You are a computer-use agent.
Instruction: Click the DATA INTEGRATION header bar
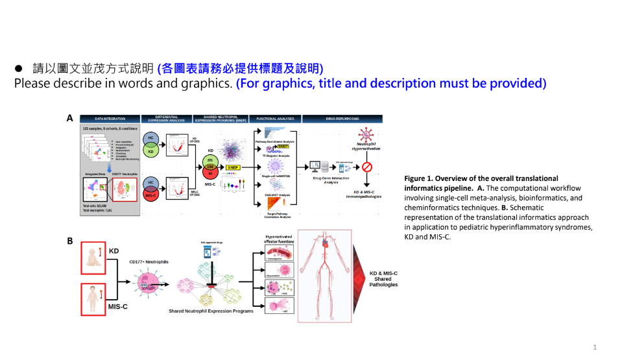coord(109,119)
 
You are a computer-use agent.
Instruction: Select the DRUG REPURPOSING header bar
coord(341,119)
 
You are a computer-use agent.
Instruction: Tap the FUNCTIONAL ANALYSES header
coord(276,119)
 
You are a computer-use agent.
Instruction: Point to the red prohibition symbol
coord(366,166)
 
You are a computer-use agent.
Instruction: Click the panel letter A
coord(69,119)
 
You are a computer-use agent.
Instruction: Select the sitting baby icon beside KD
coord(92,258)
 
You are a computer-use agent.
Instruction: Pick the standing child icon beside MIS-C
coord(92,298)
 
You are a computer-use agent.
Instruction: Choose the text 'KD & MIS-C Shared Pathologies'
coord(383,279)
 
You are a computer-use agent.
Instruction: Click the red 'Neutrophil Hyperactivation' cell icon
coord(366,134)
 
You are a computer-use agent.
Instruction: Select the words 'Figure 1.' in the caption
coord(419,178)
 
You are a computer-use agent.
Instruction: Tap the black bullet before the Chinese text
coord(19,68)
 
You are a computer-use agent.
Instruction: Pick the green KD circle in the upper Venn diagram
coord(152,151)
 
